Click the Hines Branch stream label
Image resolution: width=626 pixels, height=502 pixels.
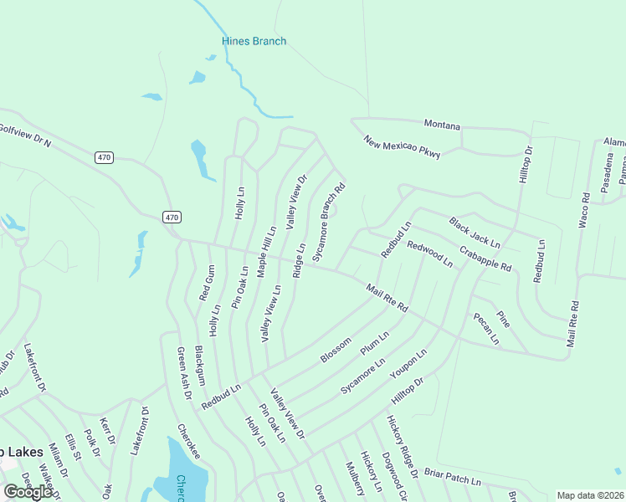[254, 41]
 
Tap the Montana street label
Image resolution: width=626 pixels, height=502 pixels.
[442, 125]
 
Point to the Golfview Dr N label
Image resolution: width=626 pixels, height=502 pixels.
[25, 136]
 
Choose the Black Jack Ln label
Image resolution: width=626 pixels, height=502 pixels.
[474, 233]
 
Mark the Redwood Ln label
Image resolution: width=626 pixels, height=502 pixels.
[429, 254]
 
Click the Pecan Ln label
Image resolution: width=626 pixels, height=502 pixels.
[485, 329]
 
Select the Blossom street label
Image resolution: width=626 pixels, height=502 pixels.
[335, 351]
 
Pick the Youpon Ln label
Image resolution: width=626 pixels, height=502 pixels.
[409, 365]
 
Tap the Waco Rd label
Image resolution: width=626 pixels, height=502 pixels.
[585, 210]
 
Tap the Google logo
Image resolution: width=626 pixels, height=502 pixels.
[28, 492]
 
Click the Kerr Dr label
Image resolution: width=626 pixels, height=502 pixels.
[105, 428]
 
